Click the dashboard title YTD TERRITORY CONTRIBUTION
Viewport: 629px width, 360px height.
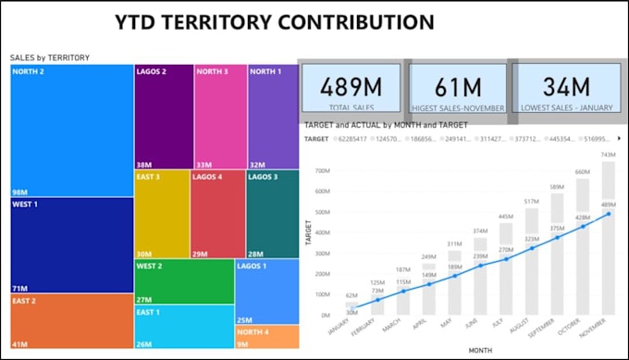(x=274, y=22)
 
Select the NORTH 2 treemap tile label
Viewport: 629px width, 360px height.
(x=29, y=71)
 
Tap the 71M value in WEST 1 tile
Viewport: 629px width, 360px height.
(x=19, y=288)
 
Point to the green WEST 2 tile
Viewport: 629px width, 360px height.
(x=184, y=281)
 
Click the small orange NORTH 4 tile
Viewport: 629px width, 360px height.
(x=266, y=337)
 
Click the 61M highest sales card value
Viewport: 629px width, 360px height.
(x=458, y=88)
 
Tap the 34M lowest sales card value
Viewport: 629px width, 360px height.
(x=567, y=88)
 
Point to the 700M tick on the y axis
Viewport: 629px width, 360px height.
(x=322, y=170)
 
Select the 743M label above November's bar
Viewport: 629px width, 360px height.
(x=608, y=155)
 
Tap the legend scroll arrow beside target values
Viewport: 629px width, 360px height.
(x=618, y=138)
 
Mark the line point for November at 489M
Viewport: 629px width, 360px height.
(x=608, y=214)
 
